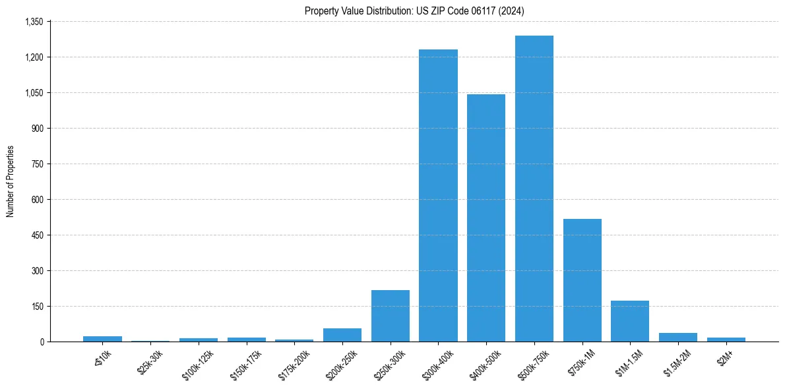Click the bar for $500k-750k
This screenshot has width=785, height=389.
tap(534, 189)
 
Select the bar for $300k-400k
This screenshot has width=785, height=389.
tap(438, 195)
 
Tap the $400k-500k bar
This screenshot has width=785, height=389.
tap(486, 218)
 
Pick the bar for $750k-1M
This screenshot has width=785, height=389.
tap(582, 280)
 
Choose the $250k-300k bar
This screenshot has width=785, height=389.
tap(391, 316)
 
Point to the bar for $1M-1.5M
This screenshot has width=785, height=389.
tap(630, 321)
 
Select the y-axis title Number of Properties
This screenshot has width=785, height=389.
tap(10, 181)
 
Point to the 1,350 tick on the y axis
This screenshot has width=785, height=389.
tap(34, 22)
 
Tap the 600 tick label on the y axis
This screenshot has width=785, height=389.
tap(37, 200)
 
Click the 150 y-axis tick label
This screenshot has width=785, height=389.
tap(37, 307)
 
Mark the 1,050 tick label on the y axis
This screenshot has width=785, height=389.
tap(34, 93)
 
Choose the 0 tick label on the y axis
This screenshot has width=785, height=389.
tap(42, 342)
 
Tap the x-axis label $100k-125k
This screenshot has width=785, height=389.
tap(196, 363)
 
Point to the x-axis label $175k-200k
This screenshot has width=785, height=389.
tap(292, 363)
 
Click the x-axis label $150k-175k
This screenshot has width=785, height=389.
tap(244, 363)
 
